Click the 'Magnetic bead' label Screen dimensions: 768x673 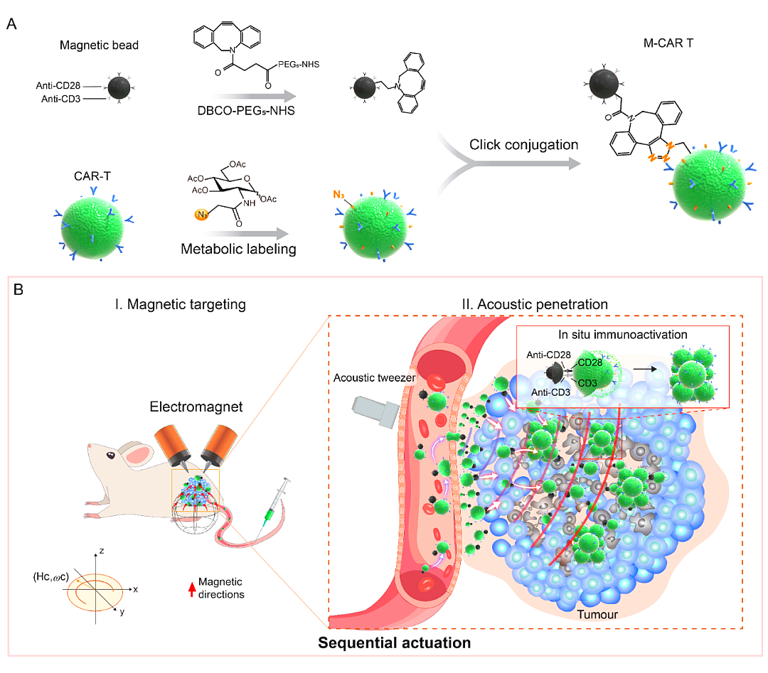(99, 45)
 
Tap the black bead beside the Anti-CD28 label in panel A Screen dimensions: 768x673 (119, 88)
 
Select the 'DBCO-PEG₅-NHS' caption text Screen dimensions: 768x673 (246, 111)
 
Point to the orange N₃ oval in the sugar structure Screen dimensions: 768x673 (202, 214)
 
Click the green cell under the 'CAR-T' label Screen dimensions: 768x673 (92, 227)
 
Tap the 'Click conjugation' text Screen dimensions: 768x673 (523, 145)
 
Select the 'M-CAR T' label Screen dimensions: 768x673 (668, 43)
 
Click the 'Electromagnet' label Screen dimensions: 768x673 (196, 407)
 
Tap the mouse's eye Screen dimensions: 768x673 (111, 456)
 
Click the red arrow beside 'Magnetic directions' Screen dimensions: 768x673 (192, 589)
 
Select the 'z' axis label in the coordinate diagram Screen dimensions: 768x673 (102, 551)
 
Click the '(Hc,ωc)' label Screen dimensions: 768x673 (51, 577)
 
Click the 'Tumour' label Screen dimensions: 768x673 (597, 615)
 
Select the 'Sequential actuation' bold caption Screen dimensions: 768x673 (394, 643)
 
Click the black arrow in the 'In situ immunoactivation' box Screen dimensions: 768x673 (645, 370)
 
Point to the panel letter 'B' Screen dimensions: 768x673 (18, 290)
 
